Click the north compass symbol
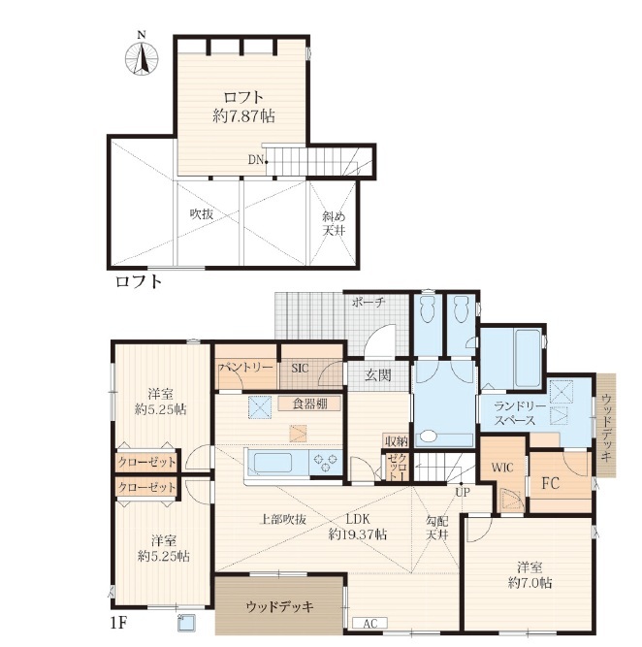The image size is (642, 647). tap(142, 57)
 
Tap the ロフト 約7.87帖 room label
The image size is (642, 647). tap(243, 107)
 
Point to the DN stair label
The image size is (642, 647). tap(256, 160)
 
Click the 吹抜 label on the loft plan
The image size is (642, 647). tap(202, 214)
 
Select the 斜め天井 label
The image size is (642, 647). tap(334, 223)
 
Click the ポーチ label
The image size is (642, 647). tap(369, 303)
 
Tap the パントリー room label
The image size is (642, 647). tap(246, 368)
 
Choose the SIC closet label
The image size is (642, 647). tap(300, 368)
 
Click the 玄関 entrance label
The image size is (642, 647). tap(378, 375)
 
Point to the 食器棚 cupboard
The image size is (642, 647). tap(310, 404)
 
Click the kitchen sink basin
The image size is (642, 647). tap(273, 463)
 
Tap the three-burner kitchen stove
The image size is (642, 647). tap(326, 462)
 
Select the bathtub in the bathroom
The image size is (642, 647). tap(527, 357)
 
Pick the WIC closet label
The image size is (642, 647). tap(502, 468)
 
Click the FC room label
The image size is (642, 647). tap(551, 483)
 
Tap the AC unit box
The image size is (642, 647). tap(370, 623)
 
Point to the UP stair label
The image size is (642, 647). tap(463, 492)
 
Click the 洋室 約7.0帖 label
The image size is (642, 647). tap(530, 575)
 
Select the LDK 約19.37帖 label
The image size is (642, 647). tap(357, 527)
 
